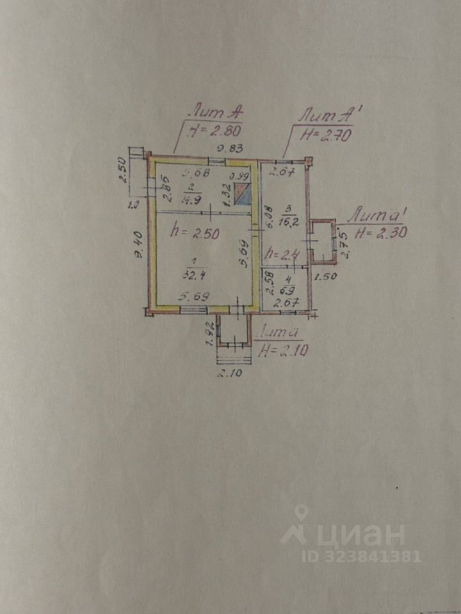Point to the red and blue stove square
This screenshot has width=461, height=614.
tap(243, 194)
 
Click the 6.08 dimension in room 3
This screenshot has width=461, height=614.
tap(270, 217)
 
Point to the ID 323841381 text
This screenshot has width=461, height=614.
tap(362, 556)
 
